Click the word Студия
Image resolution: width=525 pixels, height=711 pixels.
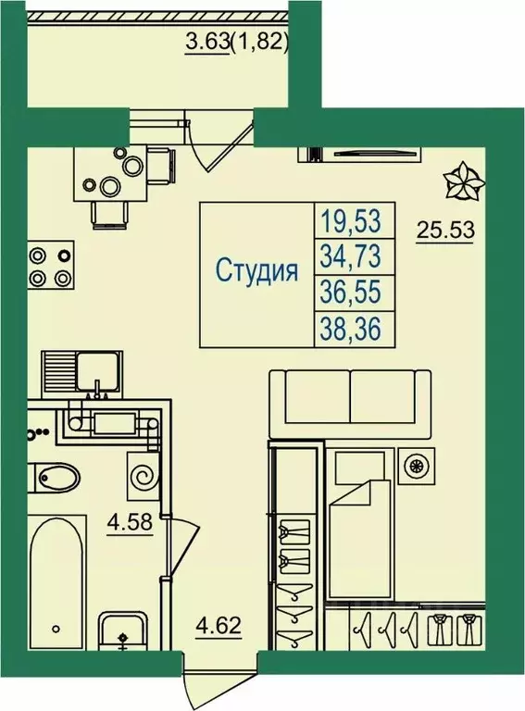point(256,271)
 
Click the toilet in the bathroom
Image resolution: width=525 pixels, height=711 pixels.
point(58,478)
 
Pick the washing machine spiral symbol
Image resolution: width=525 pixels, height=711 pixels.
point(144,477)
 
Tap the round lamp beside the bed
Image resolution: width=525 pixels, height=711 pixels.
point(417,467)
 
